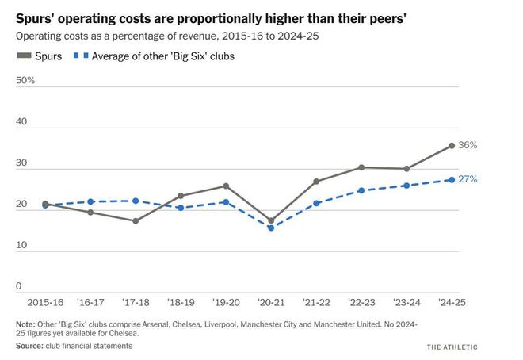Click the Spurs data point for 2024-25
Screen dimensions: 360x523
point(452,146)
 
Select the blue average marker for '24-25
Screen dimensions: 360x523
point(452,180)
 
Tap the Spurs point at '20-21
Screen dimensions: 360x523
point(271,220)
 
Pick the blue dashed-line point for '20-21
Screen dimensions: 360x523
point(271,228)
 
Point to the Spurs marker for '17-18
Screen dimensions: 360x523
point(136,220)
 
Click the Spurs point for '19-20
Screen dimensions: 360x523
point(226,186)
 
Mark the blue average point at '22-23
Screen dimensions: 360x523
point(361,190)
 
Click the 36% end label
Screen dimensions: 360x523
point(468,145)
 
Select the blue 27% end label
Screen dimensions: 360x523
point(468,179)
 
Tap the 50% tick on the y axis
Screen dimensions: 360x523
point(25,81)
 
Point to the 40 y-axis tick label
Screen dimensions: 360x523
point(22,122)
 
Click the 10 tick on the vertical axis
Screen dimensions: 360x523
point(21,245)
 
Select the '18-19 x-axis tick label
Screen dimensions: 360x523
point(181,303)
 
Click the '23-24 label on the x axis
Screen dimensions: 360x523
point(407,303)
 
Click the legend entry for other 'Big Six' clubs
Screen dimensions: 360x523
point(154,56)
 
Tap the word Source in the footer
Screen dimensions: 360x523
point(30,346)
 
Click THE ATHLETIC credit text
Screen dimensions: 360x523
point(452,347)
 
